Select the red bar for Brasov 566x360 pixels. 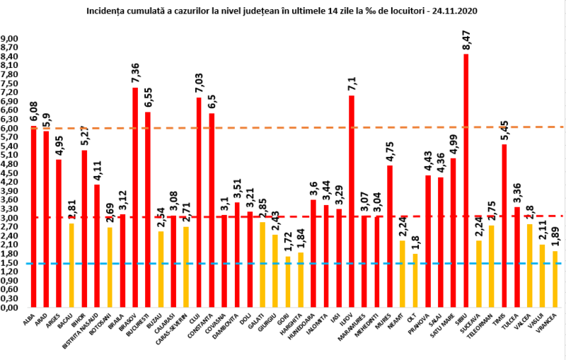(x=135, y=197)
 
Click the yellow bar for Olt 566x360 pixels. (x=415, y=280)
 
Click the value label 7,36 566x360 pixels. (x=135, y=74)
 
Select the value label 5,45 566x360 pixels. (x=504, y=130)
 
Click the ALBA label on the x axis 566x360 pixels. (x=29, y=322)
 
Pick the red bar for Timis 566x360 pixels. (x=504, y=226)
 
